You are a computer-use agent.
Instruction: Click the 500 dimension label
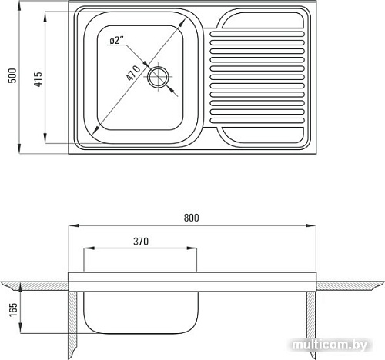(12, 75)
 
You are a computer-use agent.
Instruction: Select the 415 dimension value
(38, 79)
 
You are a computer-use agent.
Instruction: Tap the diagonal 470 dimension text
(133, 73)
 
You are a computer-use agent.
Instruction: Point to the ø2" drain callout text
(117, 40)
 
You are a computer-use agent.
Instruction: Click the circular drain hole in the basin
(158, 77)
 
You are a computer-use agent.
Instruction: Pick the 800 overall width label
(191, 218)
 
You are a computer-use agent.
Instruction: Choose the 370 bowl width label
(141, 242)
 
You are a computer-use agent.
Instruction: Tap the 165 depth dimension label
(13, 309)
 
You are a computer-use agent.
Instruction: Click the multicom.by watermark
(330, 345)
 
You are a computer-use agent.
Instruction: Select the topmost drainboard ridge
(257, 34)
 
